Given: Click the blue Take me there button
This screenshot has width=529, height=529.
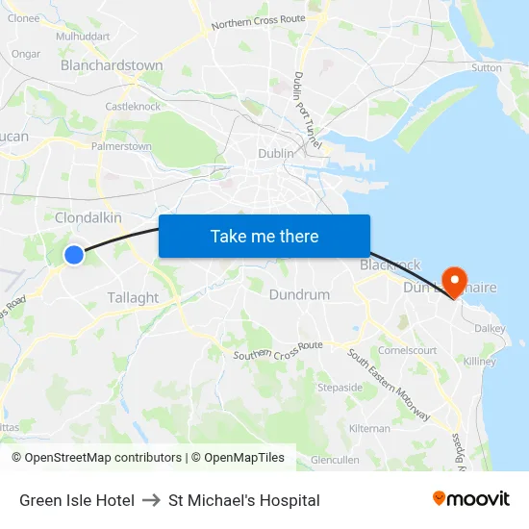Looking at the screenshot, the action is (264, 236).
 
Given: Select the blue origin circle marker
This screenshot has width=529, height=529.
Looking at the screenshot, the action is (74, 254).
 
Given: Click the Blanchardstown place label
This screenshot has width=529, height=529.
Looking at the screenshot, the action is (112, 65).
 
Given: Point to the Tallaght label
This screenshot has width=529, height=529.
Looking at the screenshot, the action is (133, 297).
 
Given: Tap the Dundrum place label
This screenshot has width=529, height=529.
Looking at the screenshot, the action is (299, 294).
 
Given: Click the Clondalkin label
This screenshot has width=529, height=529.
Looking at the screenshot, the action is (88, 218).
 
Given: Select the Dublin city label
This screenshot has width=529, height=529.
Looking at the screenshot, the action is (276, 153).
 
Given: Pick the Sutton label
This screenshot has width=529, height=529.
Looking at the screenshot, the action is (487, 68).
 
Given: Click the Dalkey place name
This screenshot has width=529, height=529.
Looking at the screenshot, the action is (490, 328).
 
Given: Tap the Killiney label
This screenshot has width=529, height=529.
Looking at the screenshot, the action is (480, 362).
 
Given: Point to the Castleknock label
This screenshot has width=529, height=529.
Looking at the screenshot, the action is (133, 107).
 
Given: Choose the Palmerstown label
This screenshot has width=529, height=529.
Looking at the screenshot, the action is (121, 147).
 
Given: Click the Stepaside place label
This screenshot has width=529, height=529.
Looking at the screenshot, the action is (340, 388).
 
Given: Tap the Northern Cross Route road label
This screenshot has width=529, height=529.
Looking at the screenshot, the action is (257, 19).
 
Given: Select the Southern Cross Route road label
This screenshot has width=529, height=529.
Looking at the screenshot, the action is (278, 350).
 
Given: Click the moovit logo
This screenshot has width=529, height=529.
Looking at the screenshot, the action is (471, 499).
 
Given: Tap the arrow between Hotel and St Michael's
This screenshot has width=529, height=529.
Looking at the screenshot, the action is (151, 500).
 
